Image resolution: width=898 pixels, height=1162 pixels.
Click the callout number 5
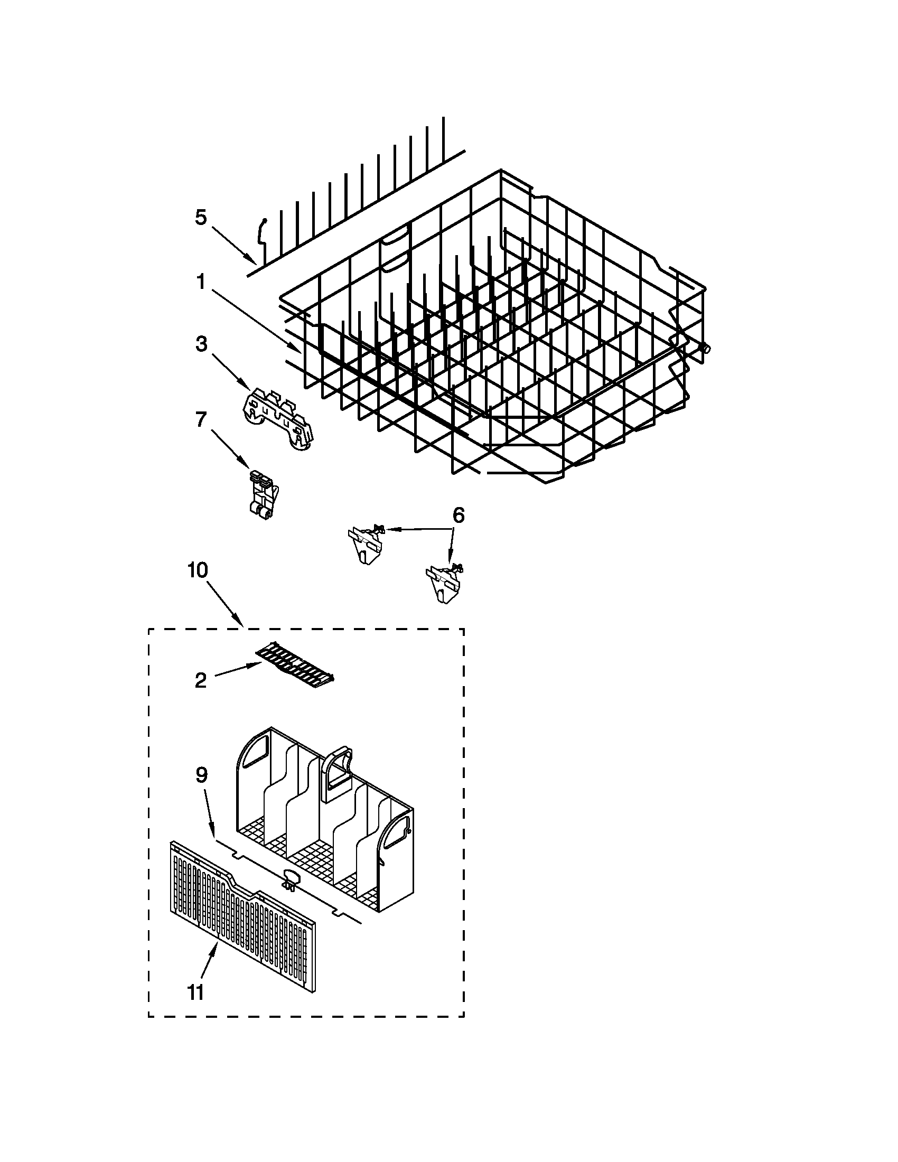[x=200, y=217]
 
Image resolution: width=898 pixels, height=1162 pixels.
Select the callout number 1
[x=201, y=283]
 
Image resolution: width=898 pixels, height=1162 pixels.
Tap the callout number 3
[x=201, y=344]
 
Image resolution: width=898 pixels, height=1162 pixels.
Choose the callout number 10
[x=198, y=570]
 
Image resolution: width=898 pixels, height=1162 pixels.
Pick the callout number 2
[x=201, y=680]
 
